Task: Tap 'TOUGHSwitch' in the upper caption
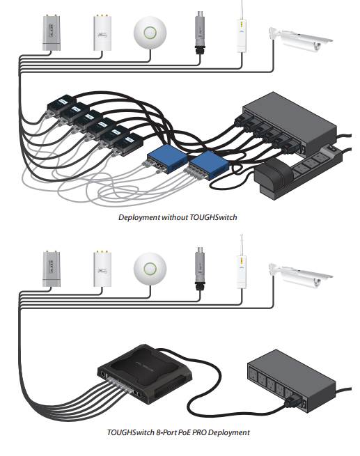(213, 217)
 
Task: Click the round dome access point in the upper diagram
(150, 32)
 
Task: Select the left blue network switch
(167, 162)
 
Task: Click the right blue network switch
(208, 165)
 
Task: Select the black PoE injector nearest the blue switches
(128, 145)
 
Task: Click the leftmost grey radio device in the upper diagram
(52, 33)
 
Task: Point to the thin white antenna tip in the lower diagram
(242, 235)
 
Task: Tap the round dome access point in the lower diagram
(150, 268)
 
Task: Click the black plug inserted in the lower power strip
(292, 402)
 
